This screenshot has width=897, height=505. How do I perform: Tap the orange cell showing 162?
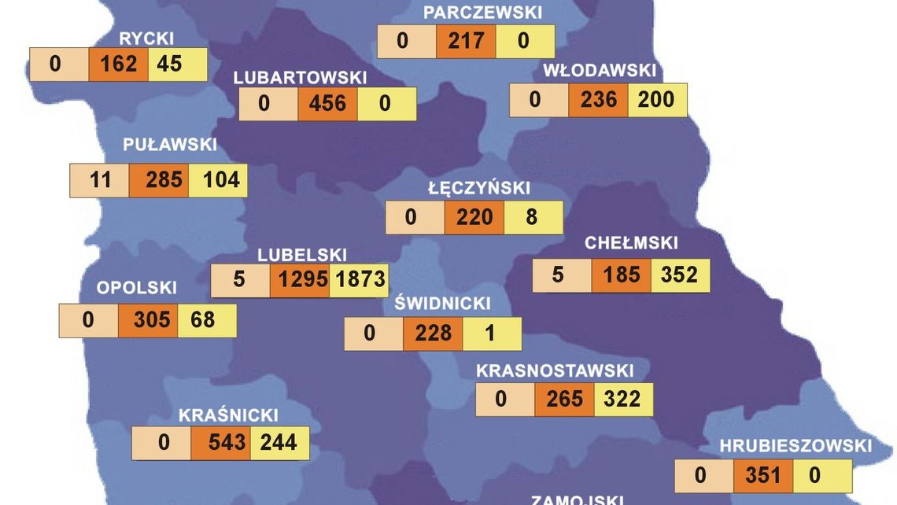(119, 64)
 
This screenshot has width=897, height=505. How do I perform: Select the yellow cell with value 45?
(178, 64)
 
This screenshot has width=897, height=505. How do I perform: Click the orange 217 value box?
(467, 41)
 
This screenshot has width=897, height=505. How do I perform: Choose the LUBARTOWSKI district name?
(301, 78)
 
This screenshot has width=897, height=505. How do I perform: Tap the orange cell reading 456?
(327, 104)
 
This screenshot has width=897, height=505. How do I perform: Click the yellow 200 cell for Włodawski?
(657, 100)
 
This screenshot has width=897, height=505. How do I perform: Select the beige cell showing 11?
(100, 181)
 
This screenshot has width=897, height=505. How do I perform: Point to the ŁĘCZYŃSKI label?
(479, 189)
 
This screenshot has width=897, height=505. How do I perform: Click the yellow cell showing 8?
(533, 217)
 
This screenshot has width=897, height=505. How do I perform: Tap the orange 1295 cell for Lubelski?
(299, 280)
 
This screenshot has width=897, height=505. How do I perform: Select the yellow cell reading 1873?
(359, 280)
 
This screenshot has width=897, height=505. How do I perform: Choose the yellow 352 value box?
(680, 275)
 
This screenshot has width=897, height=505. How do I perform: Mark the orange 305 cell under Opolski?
(148, 321)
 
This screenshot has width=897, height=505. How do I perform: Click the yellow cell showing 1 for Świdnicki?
(492, 334)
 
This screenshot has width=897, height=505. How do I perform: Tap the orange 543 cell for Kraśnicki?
(220, 443)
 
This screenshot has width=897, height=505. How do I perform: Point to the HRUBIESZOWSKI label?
(795, 447)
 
